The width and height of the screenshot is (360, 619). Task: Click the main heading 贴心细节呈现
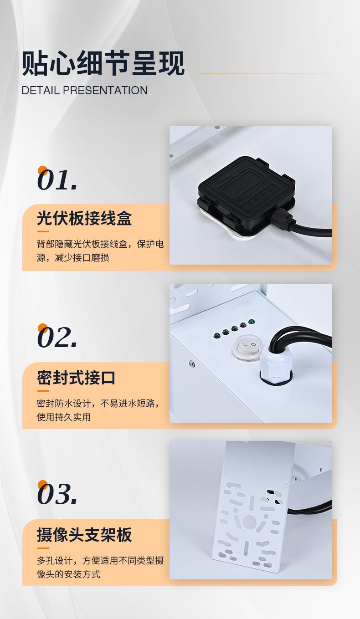point(103,64)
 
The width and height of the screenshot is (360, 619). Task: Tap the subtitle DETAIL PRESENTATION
point(85,90)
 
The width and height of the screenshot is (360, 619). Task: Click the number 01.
point(57,180)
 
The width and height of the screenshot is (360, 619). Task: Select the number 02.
point(57,337)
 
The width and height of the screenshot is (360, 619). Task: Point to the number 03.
point(57,494)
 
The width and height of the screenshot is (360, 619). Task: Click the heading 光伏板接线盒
point(84,218)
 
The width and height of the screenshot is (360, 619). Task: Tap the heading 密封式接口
point(76,378)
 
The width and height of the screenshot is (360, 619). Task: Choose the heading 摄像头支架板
point(84,535)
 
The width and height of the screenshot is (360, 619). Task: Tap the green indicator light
point(252,322)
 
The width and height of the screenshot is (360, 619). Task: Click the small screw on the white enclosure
point(191,363)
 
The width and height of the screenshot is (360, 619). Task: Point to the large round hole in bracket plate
point(249,522)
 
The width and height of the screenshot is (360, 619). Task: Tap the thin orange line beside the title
point(269,74)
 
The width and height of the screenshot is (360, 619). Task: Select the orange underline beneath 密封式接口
point(43,391)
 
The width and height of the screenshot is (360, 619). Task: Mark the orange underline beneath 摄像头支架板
point(43,548)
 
